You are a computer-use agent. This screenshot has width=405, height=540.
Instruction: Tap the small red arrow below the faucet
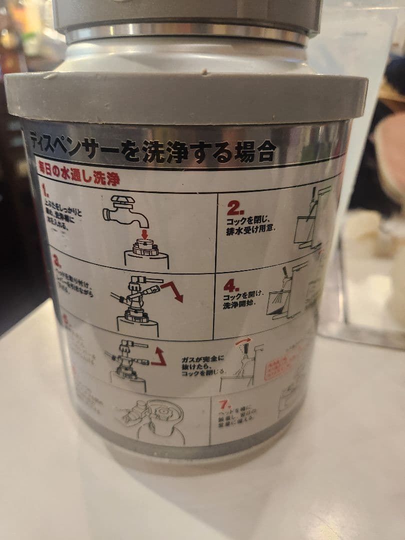[x=144, y=233]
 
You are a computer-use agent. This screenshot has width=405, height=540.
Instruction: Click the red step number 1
[x=45, y=190]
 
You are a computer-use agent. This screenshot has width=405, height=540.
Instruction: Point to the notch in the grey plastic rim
[x=204, y=72]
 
